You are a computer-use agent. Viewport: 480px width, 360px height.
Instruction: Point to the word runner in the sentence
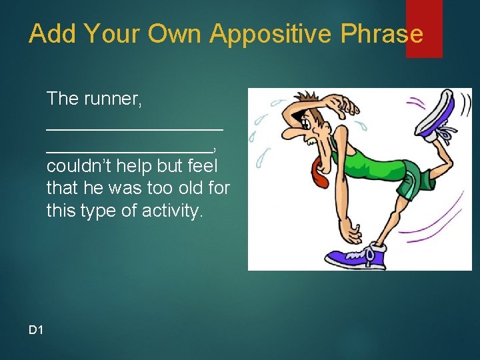(111, 99)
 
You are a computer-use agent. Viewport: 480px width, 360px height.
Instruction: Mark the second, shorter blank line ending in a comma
(129, 150)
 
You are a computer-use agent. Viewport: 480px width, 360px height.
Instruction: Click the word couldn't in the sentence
(74, 166)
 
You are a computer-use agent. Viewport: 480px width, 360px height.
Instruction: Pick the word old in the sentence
(184, 189)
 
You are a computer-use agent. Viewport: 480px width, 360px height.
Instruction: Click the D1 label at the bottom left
(36, 329)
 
